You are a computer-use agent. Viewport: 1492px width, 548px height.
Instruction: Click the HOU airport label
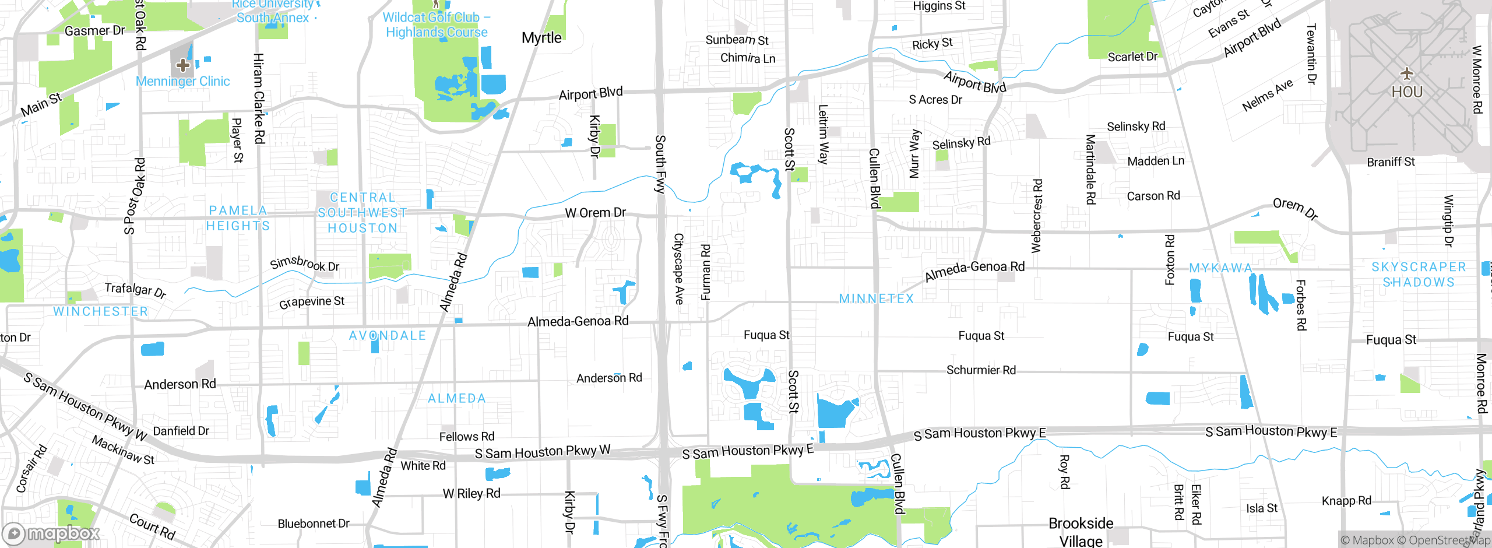click(1407, 92)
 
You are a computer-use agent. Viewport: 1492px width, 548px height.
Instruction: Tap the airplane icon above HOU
click(1407, 73)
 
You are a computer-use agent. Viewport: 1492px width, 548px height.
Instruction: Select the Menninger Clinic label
click(182, 82)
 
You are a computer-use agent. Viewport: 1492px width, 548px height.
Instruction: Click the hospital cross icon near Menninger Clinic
click(182, 64)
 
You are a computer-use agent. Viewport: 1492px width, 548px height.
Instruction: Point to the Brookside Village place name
click(1081, 532)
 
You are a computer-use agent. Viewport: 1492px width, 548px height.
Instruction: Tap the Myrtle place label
click(541, 38)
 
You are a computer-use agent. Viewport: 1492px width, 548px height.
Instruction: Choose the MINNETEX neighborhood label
click(876, 298)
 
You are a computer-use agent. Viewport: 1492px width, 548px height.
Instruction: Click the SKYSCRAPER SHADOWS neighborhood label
click(1419, 275)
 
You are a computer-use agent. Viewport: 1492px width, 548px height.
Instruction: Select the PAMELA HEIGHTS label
click(238, 218)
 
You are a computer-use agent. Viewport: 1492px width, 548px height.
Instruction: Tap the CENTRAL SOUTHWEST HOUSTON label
click(362, 213)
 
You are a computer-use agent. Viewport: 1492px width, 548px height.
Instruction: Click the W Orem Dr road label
click(595, 213)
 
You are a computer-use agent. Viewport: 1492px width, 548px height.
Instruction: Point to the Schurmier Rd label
click(981, 370)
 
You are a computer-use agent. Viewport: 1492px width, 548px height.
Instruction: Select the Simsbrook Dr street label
click(304, 264)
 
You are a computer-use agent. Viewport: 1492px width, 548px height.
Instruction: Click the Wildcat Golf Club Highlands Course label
click(437, 25)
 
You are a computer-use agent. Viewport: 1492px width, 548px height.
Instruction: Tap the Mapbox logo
click(51, 533)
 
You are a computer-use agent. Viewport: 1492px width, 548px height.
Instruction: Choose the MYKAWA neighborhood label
click(1220, 268)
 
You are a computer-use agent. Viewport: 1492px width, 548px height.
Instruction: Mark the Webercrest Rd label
click(1036, 216)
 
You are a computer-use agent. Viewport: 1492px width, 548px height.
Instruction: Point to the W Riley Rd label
click(471, 494)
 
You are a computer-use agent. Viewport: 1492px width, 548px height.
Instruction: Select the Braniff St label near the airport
click(1391, 162)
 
